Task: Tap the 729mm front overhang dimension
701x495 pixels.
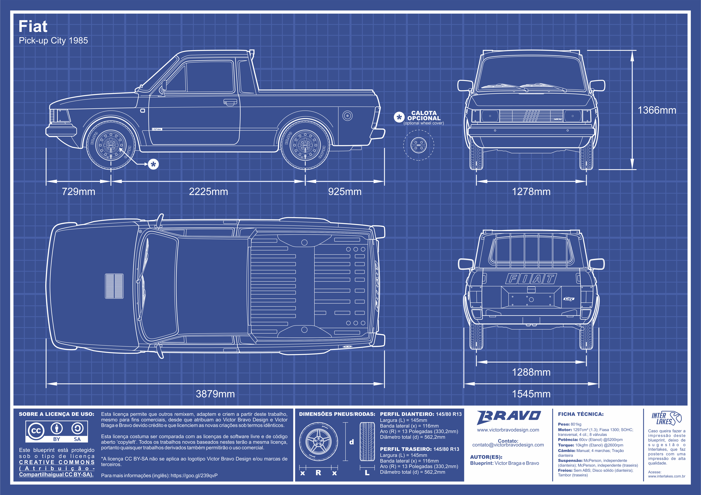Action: tap(78, 191)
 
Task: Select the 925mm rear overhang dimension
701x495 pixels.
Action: tap(345, 191)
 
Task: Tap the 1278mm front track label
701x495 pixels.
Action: tap(531, 191)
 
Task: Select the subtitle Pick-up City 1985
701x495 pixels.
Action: tap(53, 40)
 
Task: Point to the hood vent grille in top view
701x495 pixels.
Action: tap(114, 286)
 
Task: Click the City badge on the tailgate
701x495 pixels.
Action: tap(569, 299)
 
